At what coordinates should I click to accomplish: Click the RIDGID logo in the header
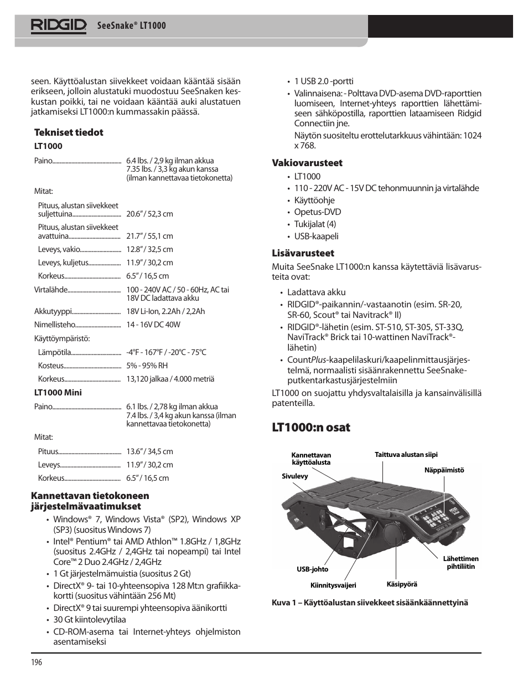tap(58, 25)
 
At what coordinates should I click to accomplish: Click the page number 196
tap(37, 662)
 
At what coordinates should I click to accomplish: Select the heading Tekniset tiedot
tap(69, 132)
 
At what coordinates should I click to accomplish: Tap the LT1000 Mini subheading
tap(58, 393)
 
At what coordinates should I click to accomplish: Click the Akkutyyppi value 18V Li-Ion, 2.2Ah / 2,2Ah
tap(165, 311)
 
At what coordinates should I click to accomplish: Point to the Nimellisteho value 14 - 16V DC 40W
tap(153, 325)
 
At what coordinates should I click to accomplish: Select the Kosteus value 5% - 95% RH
tap(147, 366)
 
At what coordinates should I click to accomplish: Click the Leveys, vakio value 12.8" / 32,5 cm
tap(149, 249)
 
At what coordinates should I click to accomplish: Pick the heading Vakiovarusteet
tap(307, 163)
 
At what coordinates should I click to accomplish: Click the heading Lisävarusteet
tap(303, 253)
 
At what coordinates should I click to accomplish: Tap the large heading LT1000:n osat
tap(310, 428)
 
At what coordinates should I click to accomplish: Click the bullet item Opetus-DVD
tap(317, 212)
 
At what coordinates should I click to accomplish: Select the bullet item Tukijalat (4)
tap(315, 224)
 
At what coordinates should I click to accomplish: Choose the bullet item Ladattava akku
tap(316, 292)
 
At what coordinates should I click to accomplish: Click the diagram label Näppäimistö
tap(444, 470)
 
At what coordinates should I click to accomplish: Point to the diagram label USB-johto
tap(312, 569)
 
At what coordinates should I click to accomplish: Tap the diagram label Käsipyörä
tap(401, 584)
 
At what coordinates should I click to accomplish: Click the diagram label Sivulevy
tap(294, 476)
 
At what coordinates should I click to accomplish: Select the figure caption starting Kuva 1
tap(370, 603)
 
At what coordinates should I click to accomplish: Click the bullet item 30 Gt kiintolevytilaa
tap(89, 620)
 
